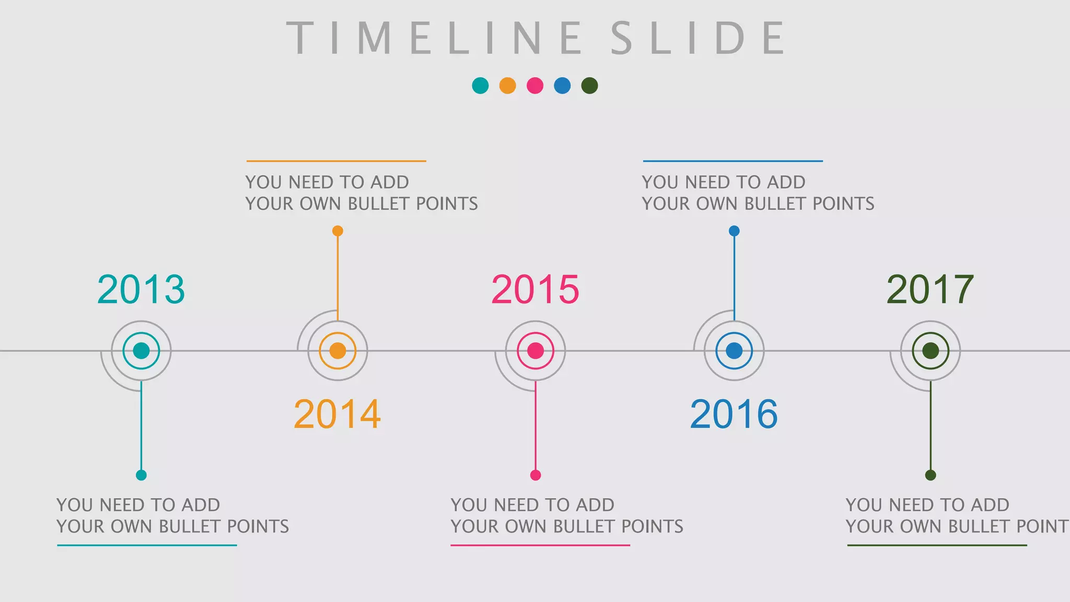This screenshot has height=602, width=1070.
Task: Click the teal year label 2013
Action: pyautogui.click(x=141, y=289)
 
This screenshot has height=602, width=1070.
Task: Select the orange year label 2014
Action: pyautogui.click(x=338, y=414)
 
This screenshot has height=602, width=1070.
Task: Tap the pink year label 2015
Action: pyautogui.click(x=535, y=289)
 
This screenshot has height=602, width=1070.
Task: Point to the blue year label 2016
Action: pyautogui.click(x=734, y=414)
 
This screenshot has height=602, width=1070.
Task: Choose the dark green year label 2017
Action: pyautogui.click(x=930, y=289)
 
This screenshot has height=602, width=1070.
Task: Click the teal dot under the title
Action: pyautogui.click(x=480, y=86)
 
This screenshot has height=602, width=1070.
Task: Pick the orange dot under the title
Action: pyautogui.click(x=507, y=86)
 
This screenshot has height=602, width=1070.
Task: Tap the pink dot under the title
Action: pyautogui.click(x=535, y=86)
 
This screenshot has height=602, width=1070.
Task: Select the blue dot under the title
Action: pyautogui.click(x=562, y=86)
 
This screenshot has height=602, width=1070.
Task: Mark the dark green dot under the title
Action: pyautogui.click(x=589, y=86)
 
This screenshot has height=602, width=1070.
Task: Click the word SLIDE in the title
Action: pyautogui.click(x=698, y=38)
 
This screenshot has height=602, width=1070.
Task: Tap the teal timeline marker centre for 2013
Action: pyautogui.click(x=141, y=351)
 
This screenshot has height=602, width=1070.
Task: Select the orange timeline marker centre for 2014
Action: pyautogui.click(x=338, y=351)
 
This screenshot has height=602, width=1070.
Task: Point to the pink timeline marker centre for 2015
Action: pyautogui.click(x=535, y=351)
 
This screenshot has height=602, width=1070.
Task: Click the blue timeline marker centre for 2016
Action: pyautogui.click(x=734, y=351)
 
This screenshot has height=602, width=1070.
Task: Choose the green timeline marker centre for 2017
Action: pyautogui.click(x=931, y=351)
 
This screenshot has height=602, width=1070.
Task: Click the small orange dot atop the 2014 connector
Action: pyautogui.click(x=338, y=231)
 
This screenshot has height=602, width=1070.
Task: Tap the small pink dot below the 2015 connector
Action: pyautogui.click(x=535, y=475)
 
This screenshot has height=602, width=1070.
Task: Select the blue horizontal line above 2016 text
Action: pyautogui.click(x=732, y=161)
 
